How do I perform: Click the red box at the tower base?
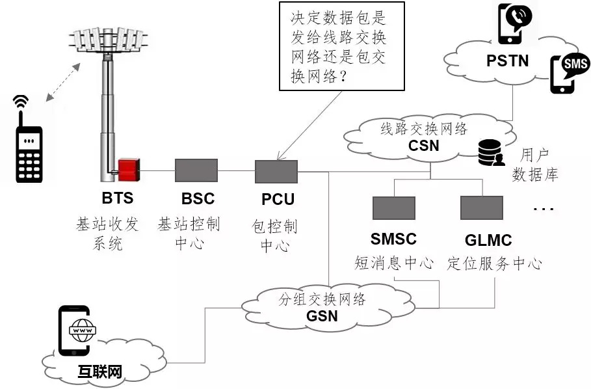click(128, 168)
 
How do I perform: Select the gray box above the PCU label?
click(276, 172)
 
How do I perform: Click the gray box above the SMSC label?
click(393, 208)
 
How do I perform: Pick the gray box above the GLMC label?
click(481, 208)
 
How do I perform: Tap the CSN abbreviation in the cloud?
click(423, 145)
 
